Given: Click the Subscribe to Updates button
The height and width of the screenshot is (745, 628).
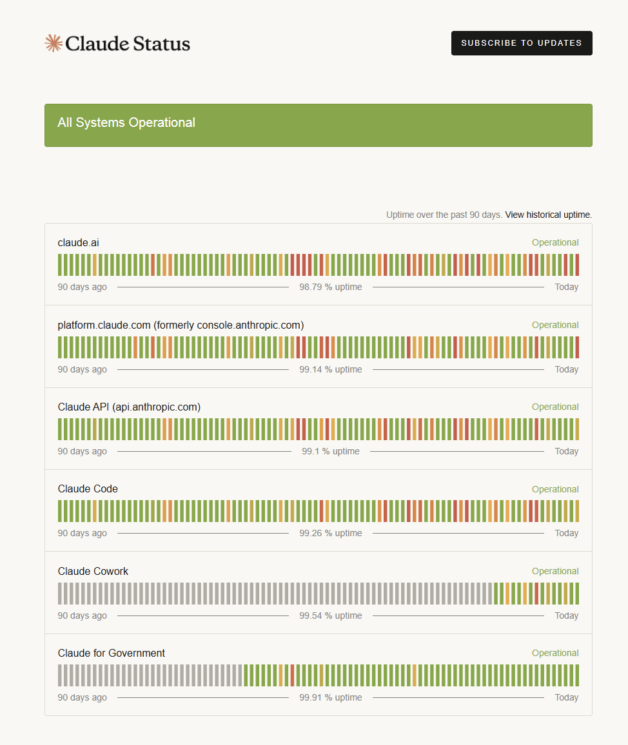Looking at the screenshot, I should [x=521, y=43].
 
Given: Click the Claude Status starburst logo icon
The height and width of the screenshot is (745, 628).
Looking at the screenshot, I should [x=53, y=43].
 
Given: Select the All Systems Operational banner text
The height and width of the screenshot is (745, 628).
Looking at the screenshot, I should [x=126, y=122].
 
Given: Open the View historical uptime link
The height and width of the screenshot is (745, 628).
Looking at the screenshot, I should [x=548, y=215].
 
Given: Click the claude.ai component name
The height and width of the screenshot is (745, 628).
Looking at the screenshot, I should [x=78, y=243].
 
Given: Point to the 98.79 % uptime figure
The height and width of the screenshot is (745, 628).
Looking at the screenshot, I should [x=330, y=287].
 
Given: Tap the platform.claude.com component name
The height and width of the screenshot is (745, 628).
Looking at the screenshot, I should [x=181, y=325].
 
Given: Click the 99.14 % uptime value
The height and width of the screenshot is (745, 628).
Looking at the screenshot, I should [x=330, y=369].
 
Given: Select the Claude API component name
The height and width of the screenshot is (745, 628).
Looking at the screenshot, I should [x=129, y=407].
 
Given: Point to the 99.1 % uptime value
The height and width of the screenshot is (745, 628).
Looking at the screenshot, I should [x=330, y=451].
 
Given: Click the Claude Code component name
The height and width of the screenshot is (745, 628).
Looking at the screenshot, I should [x=88, y=489].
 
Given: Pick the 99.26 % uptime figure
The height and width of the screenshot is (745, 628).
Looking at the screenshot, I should [x=330, y=533].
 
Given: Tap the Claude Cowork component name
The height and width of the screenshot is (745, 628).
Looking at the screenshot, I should [x=93, y=571].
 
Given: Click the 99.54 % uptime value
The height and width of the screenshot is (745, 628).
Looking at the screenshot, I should [x=330, y=615].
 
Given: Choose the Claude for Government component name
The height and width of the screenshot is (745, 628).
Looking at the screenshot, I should [x=111, y=653].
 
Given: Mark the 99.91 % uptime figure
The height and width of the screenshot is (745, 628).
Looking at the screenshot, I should [x=330, y=697].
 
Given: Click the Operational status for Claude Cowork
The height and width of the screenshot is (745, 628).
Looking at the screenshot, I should [x=554, y=571].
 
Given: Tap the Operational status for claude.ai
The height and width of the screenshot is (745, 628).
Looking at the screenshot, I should [x=554, y=243].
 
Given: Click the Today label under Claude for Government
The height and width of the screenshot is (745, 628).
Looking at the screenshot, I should [x=566, y=697].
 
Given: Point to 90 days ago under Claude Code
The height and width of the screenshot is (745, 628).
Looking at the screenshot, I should [x=82, y=533].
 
